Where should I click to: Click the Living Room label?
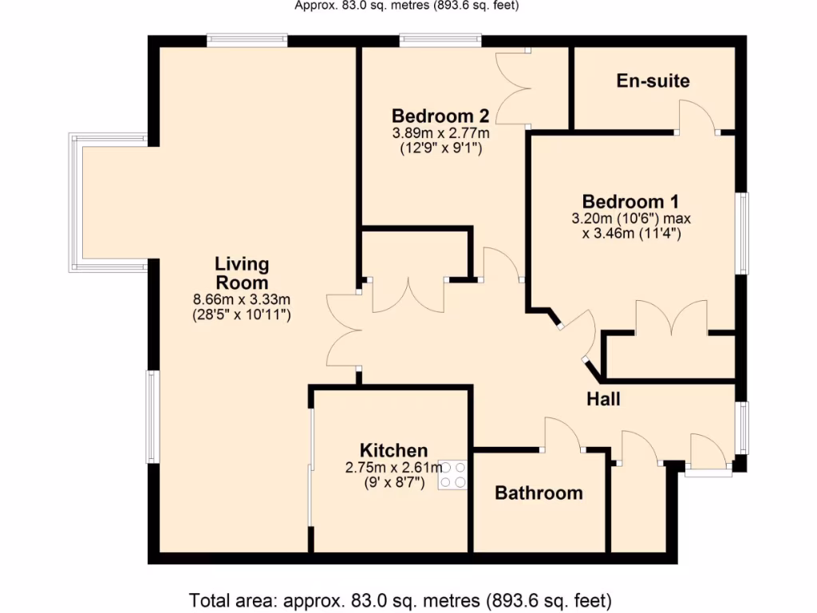point(241,273)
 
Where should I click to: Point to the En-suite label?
point(653,81)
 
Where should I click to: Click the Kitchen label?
point(393,450)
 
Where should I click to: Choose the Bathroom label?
point(539,493)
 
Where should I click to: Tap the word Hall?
point(603,399)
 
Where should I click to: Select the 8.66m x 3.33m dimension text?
point(241,299)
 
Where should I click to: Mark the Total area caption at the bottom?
point(400,599)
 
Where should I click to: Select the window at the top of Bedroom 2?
point(440,38)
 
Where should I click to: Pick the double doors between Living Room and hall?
point(344,329)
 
